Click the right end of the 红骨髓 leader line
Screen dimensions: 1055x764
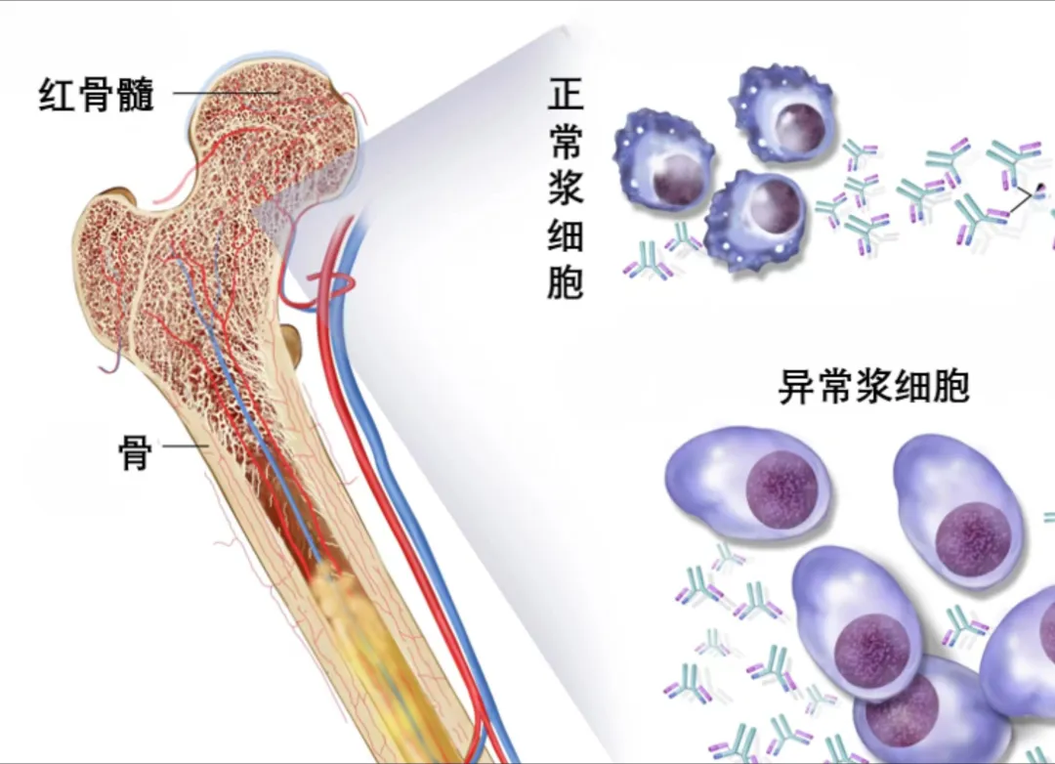tap(279, 93)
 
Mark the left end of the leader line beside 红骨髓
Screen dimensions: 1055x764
tap(174, 93)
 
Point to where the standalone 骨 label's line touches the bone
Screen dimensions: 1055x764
tap(208, 446)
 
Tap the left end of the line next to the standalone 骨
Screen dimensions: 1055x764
tap(163, 446)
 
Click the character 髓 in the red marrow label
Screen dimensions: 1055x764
tap(135, 94)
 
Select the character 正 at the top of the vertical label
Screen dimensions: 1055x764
tap(566, 94)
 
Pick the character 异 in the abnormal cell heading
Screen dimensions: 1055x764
tap(797, 386)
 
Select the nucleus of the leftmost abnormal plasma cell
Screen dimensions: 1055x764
tap(781, 489)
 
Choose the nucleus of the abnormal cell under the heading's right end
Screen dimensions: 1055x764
tap(973, 538)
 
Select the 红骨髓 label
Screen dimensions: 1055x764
tap(97, 94)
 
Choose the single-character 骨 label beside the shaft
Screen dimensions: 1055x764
tap(135, 452)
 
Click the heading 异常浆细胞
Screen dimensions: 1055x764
tap(873, 386)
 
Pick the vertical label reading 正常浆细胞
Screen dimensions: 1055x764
tap(566, 188)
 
